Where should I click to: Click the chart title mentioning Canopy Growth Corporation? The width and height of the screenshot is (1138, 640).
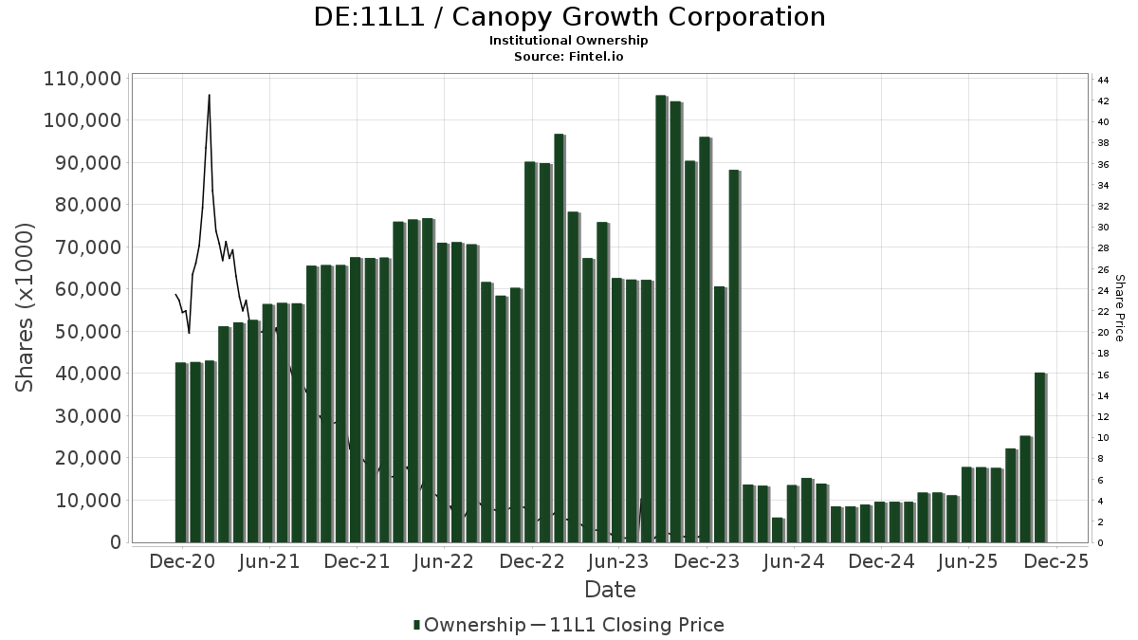coord(569,17)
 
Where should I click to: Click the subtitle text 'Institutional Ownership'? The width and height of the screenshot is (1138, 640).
coord(569,41)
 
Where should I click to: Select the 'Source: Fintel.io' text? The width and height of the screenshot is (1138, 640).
coord(569,56)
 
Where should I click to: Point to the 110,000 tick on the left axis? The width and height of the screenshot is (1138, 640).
coord(83,79)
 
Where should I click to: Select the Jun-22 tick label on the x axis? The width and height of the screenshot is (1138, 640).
coord(444,561)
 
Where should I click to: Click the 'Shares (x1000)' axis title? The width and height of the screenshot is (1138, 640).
coord(26,307)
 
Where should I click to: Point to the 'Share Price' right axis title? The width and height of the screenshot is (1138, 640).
coord(1119,307)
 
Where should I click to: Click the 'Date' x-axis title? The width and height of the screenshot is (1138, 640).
coord(610,590)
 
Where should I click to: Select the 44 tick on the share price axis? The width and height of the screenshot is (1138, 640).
coord(1103,80)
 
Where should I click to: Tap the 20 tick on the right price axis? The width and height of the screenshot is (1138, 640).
coord(1103,332)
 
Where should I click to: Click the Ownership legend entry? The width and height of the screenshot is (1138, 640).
coord(469,625)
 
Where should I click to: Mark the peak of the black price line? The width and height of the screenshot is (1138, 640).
coord(209,95)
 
